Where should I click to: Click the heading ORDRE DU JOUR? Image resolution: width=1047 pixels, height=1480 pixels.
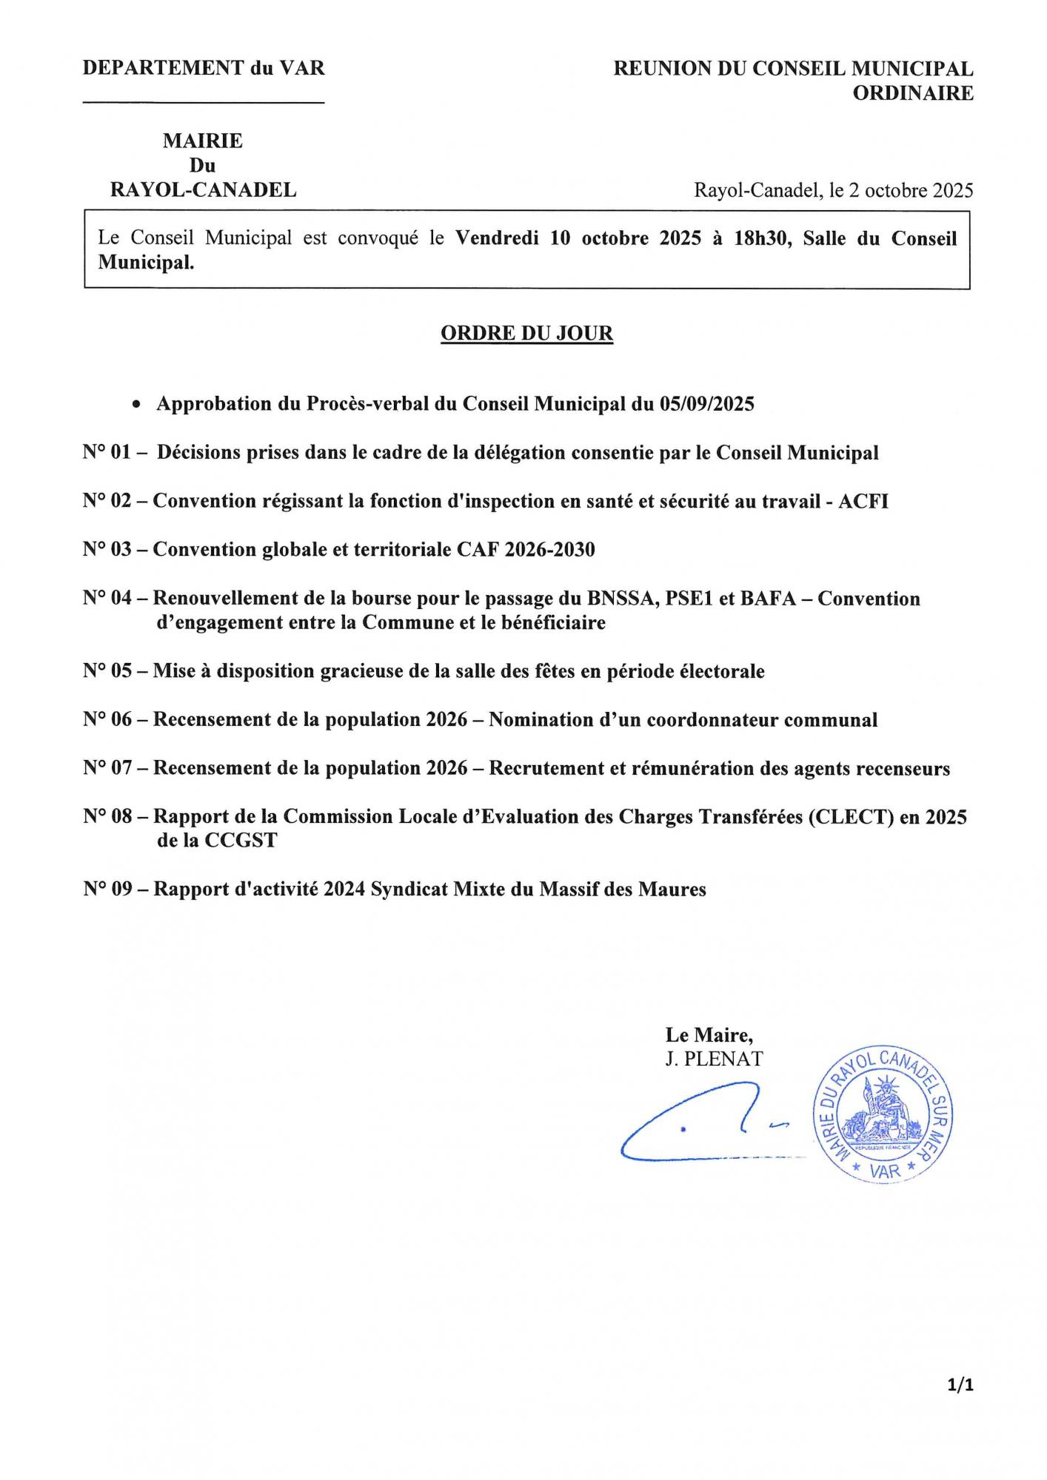(526, 334)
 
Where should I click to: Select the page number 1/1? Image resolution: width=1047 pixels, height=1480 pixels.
(960, 1385)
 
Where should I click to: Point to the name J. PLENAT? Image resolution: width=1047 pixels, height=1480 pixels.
(714, 1059)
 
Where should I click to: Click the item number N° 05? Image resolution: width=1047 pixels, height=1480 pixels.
(107, 671)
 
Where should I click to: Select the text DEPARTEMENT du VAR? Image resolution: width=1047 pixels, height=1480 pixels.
(204, 69)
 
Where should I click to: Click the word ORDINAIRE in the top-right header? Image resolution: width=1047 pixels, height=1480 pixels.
(913, 93)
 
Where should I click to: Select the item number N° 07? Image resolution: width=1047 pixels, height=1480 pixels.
(107, 768)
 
